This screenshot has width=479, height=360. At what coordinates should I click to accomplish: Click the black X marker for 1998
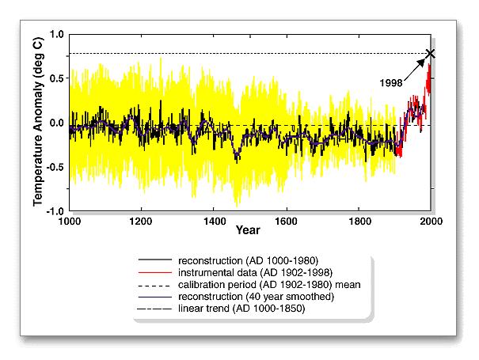pyautogui.click(x=431, y=54)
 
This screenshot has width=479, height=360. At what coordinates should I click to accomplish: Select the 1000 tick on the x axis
pyautogui.click(x=70, y=222)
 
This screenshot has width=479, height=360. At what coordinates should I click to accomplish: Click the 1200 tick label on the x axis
pyautogui.click(x=142, y=222)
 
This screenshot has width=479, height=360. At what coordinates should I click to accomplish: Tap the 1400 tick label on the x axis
pyautogui.click(x=214, y=222)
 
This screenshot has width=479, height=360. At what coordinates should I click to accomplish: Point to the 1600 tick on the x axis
pyautogui.click(x=287, y=222)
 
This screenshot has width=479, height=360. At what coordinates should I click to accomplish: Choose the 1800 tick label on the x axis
pyautogui.click(x=359, y=222)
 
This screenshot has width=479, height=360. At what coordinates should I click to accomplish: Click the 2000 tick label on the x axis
pyautogui.click(x=431, y=222)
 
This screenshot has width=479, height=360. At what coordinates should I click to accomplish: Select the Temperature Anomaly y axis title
pyautogui.click(x=37, y=122)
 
